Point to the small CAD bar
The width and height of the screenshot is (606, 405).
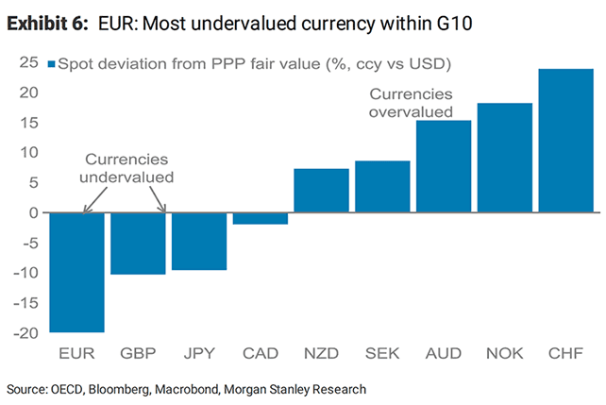coord(260,218)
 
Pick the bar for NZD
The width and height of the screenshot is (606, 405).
coord(321,191)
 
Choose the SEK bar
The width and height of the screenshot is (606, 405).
coord(382,187)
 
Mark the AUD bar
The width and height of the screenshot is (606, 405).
coord(444,166)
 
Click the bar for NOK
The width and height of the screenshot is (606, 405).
coord(504,158)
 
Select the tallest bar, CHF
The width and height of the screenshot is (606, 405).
coord(565,141)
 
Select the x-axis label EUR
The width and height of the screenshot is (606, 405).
coord(76,354)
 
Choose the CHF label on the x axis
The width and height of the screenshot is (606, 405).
coord(565,354)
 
